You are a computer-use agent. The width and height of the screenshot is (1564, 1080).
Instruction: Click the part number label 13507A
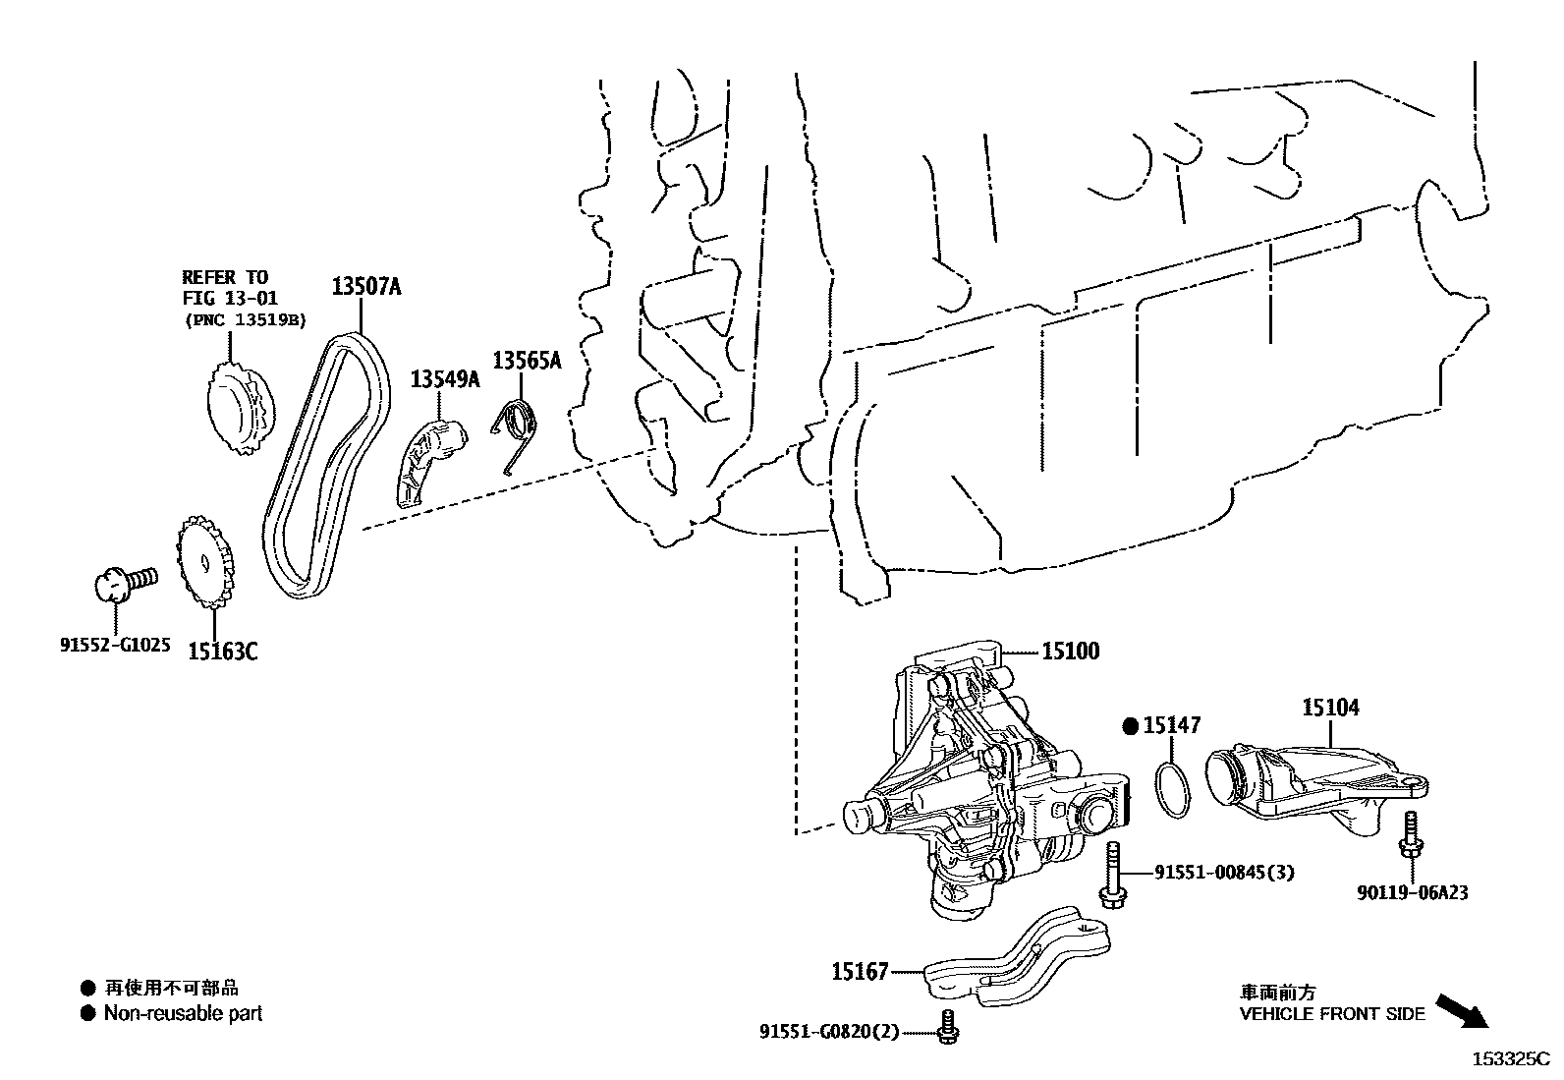coord(366,287)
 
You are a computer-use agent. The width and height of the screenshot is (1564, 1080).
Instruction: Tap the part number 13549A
coord(445,378)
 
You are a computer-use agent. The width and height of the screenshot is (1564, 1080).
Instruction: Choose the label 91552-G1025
coord(115,646)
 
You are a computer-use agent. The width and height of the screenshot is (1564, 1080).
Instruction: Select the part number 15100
coord(1071,651)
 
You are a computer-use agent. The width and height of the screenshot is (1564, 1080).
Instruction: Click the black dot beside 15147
coord(1130,726)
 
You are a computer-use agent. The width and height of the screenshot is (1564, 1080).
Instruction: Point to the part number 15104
coord(1331,708)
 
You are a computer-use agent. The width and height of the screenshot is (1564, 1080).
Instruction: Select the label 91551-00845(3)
coord(1223,872)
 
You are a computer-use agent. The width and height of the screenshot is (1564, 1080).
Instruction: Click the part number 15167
coord(860,972)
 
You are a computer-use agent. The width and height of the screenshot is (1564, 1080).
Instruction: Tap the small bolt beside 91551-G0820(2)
coord(949,1028)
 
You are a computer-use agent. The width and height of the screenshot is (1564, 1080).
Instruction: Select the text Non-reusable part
coord(184,1013)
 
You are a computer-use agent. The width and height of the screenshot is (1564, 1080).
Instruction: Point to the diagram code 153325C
coord(1508,1059)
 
